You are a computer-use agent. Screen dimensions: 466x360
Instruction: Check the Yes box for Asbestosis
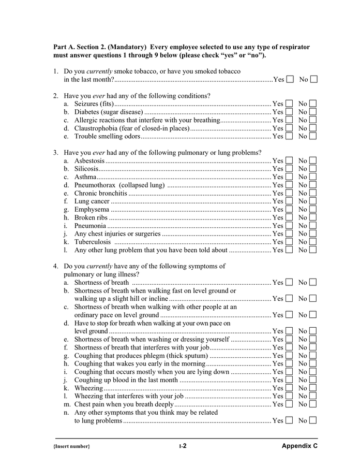[x=289, y=161]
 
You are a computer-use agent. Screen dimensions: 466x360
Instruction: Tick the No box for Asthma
[x=313, y=177]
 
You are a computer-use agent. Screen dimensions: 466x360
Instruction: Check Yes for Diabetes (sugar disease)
[x=289, y=112]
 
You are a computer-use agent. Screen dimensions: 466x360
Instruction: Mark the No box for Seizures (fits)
[x=313, y=104]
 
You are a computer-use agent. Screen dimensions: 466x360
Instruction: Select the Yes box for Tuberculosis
[x=289, y=242]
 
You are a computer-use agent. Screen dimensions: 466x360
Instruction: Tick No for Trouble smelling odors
[x=313, y=136]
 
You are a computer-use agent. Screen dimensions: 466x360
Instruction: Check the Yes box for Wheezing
[x=289, y=388]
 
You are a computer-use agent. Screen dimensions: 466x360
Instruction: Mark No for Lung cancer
[x=313, y=201]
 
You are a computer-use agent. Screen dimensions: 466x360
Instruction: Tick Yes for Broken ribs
[x=289, y=217]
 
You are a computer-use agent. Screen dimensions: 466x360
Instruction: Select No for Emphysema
[x=313, y=209]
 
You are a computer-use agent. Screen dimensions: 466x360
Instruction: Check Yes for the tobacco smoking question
[x=290, y=79]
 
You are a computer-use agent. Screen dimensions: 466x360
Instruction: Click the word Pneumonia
[x=90, y=226]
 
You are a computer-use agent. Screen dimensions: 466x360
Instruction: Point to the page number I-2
[x=183, y=446]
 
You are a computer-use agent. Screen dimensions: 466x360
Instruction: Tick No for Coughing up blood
[x=313, y=380]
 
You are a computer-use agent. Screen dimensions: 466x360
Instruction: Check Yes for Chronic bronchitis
[x=289, y=193]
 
